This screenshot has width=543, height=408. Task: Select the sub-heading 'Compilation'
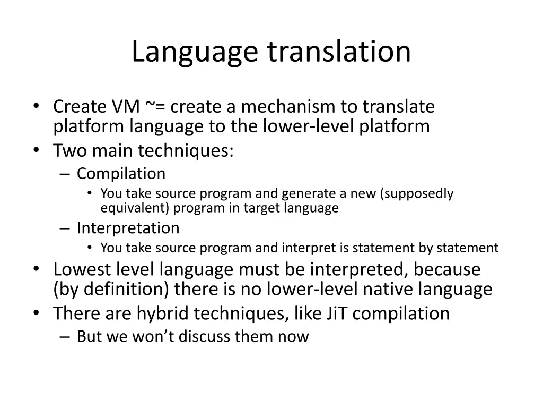pyautogui.click(x=121, y=174)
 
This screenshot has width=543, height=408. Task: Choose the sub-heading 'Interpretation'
pyautogui.click(x=128, y=228)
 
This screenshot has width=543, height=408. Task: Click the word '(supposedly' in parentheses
pyautogui.click(x=417, y=193)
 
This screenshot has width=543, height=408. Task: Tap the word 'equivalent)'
pyautogui.click(x=135, y=208)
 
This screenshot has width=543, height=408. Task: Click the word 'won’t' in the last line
pyautogui.click(x=157, y=336)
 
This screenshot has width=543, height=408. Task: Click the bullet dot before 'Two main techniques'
pyautogui.click(x=36, y=151)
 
